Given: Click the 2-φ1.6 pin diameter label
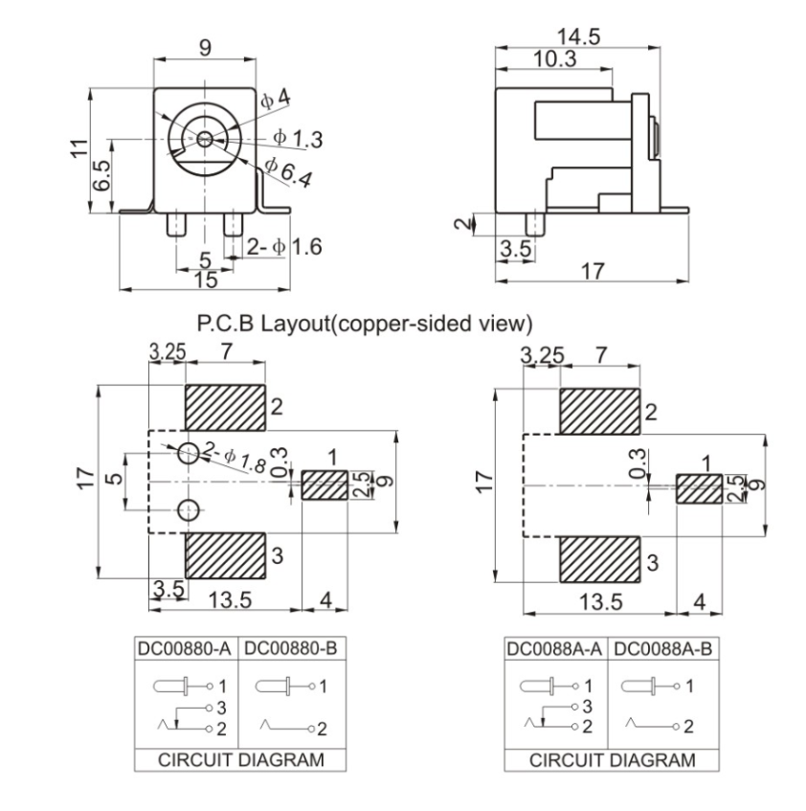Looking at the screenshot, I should click(x=284, y=246).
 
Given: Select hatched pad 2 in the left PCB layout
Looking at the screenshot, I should click(x=226, y=408).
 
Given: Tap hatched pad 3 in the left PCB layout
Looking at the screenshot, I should click(x=226, y=555).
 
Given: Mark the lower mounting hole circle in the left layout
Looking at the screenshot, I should click(x=190, y=507).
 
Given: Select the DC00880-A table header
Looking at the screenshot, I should click(x=185, y=648).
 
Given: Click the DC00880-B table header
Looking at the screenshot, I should click(x=290, y=648).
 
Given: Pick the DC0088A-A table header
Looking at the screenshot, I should click(x=555, y=648).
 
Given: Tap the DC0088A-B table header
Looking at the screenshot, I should click(x=660, y=648).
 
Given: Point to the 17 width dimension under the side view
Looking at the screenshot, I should click(x=593, y=271).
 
